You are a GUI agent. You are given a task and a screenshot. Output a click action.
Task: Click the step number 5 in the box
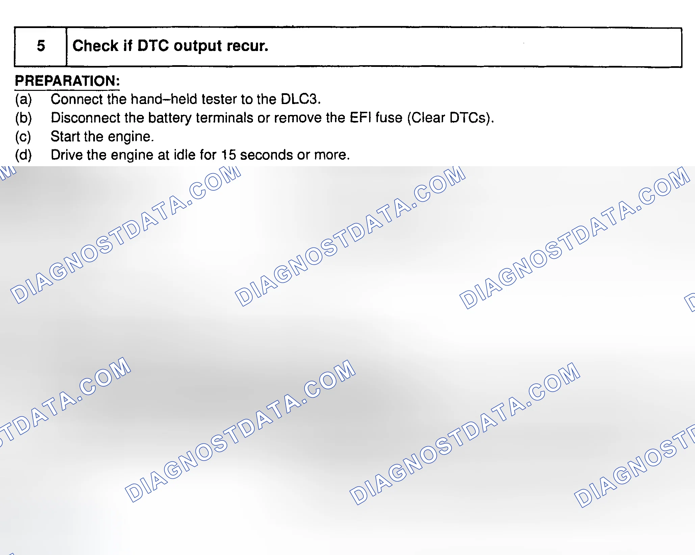click(41, 46)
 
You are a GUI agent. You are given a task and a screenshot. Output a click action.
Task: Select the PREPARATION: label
click(67, 81)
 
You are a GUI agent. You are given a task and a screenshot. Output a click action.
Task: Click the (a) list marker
click(23, 99)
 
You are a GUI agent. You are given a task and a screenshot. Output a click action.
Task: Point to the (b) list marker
click(23, 118)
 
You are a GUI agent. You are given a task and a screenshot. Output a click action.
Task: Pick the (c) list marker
click(23, 136)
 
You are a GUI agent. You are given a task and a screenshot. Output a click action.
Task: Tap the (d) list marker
click(23, 155)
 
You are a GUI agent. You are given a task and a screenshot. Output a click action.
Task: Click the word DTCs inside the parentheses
click(467, 118)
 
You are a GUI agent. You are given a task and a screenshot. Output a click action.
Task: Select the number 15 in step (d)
click(228, 155)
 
